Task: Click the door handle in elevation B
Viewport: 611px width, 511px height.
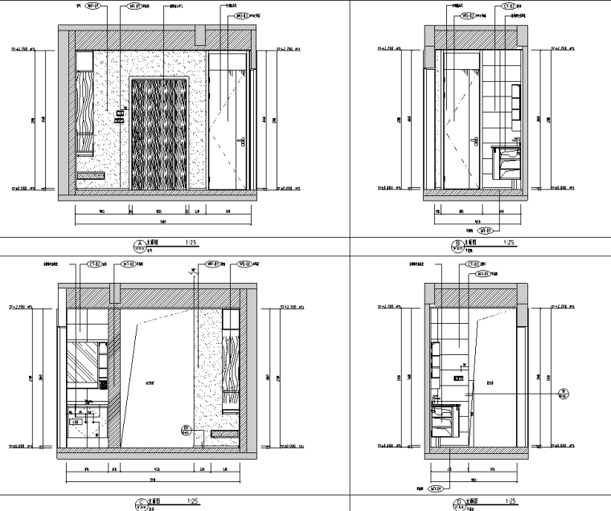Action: (471, 144)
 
